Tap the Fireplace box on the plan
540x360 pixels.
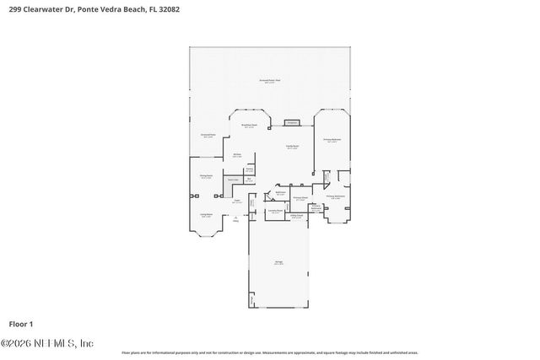click(292, 122)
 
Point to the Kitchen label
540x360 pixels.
click(238, 155)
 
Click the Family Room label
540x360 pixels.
click(291, 148)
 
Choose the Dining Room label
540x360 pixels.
click(205, 177)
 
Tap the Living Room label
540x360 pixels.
click(206, 215)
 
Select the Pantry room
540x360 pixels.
click(250, 169)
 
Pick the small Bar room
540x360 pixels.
click(250, 179)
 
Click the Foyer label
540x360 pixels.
click(237, 201)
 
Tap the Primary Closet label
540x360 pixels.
click(300, 199)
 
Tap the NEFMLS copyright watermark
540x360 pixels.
click(46, 343)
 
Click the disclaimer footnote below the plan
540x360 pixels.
click(269, 352)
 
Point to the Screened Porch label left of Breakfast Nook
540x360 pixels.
click(208, 136)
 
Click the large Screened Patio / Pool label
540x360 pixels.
click(269, 81)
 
